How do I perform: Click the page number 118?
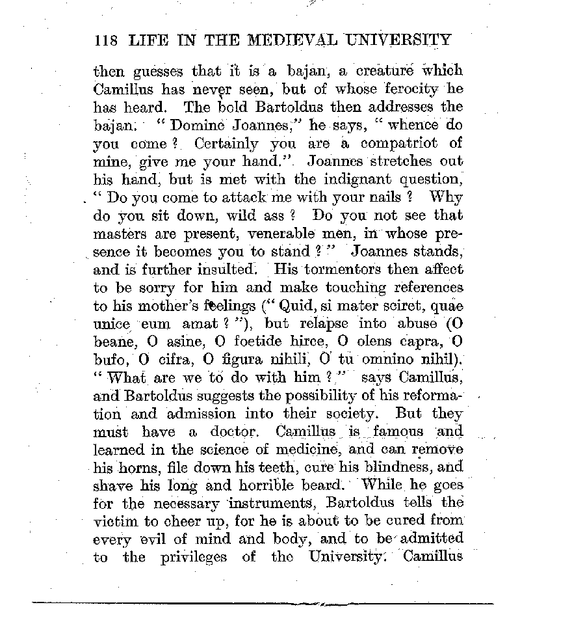click(105, 40)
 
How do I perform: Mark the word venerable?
click(289, 232)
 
